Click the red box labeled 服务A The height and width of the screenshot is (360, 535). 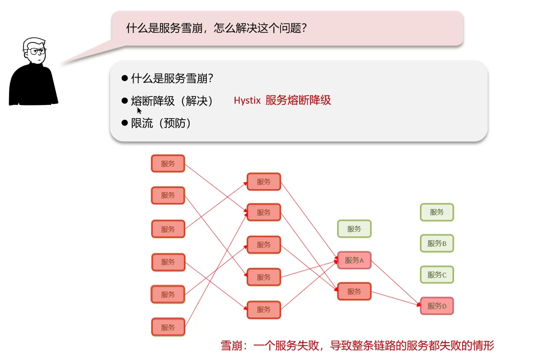[354, 260]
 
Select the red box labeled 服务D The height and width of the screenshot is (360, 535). [437, 306]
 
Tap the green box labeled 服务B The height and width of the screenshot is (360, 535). [437, 243]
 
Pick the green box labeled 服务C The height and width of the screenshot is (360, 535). [437, 275]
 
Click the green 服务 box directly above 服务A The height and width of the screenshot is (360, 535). [354, 229]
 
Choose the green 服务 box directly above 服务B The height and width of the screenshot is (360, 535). [437, 212]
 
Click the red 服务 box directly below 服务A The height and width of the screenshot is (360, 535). [354, 291]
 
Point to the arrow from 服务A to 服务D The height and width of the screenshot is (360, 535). [395, 282]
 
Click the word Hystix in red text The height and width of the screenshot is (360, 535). [247, 101]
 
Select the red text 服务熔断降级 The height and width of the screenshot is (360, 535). [298, 100]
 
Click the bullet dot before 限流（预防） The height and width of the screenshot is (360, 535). [125, 123]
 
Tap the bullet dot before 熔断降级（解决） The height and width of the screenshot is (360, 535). [125, 101]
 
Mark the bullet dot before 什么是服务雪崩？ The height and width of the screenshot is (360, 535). [125, 78]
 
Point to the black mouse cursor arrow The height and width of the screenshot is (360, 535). [139, 110]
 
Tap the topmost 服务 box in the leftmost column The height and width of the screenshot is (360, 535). [168, 164]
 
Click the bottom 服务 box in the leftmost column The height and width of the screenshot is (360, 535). [168, 327]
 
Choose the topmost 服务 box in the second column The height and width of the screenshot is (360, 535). [264, 182]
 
